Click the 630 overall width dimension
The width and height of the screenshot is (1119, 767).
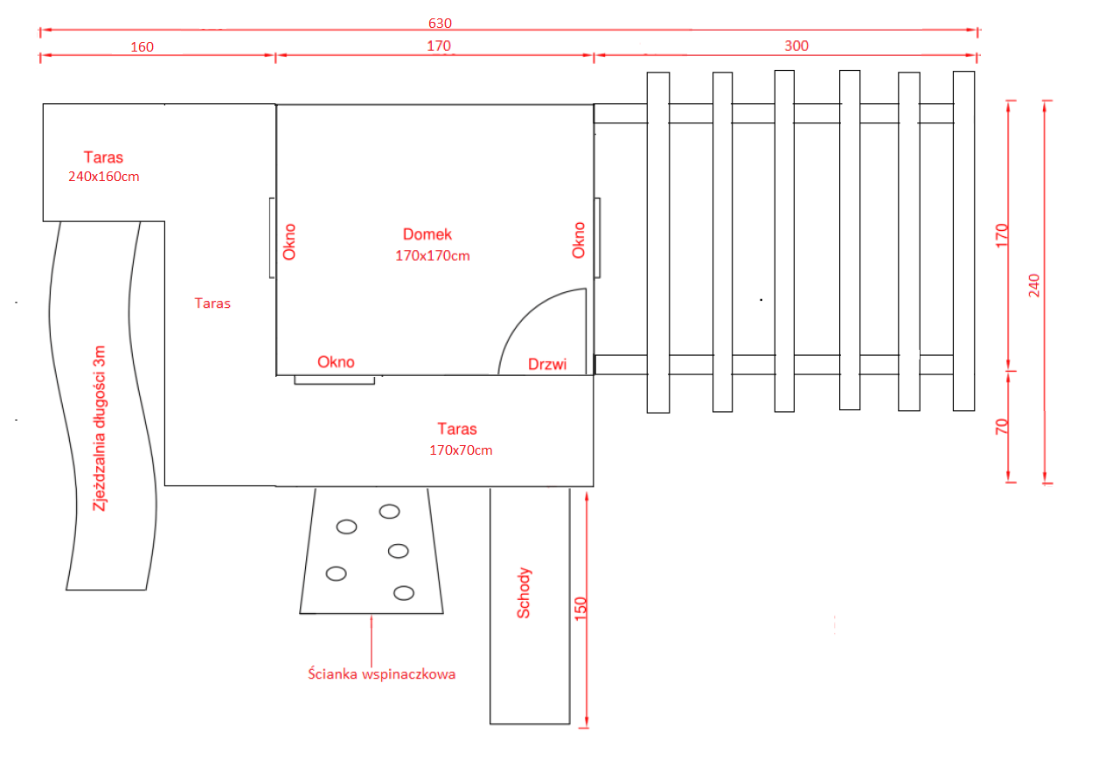coord(440,23)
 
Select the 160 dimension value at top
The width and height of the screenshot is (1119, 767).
coord(142,47)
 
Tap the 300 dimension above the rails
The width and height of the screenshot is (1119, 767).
coord(796,45)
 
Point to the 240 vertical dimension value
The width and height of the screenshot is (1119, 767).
coord(1034,286)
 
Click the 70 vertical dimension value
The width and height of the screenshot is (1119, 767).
coord(1002,427)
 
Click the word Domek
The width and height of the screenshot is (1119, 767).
coord(427,234)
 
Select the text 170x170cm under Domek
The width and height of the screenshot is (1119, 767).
coord(433,256)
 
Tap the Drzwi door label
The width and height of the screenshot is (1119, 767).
coord(547,364)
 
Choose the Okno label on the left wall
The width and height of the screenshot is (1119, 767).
coord(289,242)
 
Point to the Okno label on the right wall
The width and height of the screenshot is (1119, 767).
coord(578,240)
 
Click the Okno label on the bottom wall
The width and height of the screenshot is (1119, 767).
coord(337,361)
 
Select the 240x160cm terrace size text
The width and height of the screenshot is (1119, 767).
coord(104,176)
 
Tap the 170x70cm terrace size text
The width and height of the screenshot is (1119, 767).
coord(461,450)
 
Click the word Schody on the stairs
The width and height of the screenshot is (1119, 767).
coord(524,594)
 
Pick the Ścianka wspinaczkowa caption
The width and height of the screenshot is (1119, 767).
coord(382,674)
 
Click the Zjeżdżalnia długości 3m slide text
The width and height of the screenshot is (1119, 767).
coord(101,428)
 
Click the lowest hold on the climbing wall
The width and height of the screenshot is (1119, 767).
coord(404,593)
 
